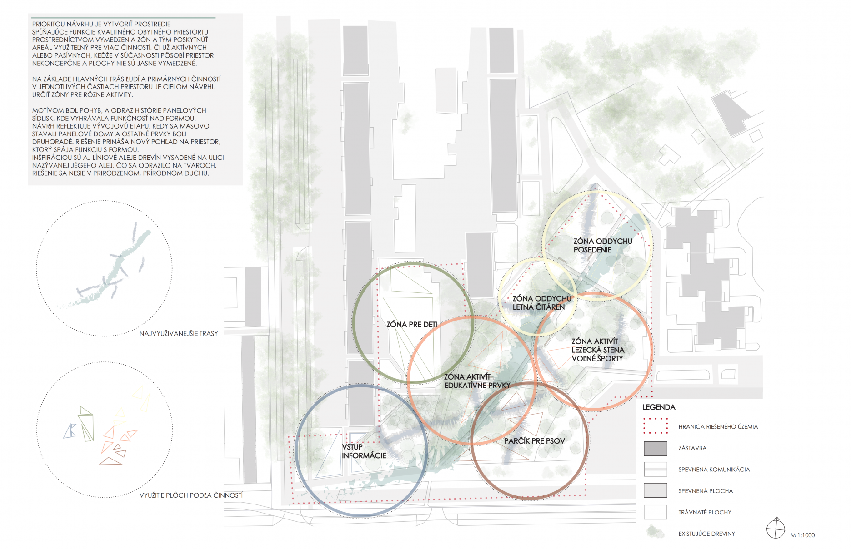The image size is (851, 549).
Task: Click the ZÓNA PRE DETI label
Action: point(411,325)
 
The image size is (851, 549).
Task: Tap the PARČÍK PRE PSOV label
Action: point(534,441)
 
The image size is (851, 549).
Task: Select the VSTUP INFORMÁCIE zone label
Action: point(364,451)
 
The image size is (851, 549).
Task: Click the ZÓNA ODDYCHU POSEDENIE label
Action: point(602,246)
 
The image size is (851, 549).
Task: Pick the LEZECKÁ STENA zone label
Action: point(597,350)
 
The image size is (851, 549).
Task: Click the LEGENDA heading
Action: point(659,407)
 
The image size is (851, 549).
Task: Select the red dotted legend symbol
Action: point(655,426)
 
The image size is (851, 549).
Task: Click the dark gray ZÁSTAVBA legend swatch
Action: point(655,448)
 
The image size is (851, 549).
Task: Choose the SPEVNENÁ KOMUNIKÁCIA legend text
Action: point(714,470)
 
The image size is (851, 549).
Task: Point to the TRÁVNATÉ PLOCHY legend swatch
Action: point(655,512)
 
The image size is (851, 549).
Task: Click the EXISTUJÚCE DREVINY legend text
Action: point(706,534)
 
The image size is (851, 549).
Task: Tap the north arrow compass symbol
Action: point(776,529)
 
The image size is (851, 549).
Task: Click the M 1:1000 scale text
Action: point(802,535)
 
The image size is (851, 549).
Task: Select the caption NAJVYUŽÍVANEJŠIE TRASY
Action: point(179,334)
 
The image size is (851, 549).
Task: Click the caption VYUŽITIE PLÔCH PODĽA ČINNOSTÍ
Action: point(191,495)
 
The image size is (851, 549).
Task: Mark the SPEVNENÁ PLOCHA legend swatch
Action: point(655,490)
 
